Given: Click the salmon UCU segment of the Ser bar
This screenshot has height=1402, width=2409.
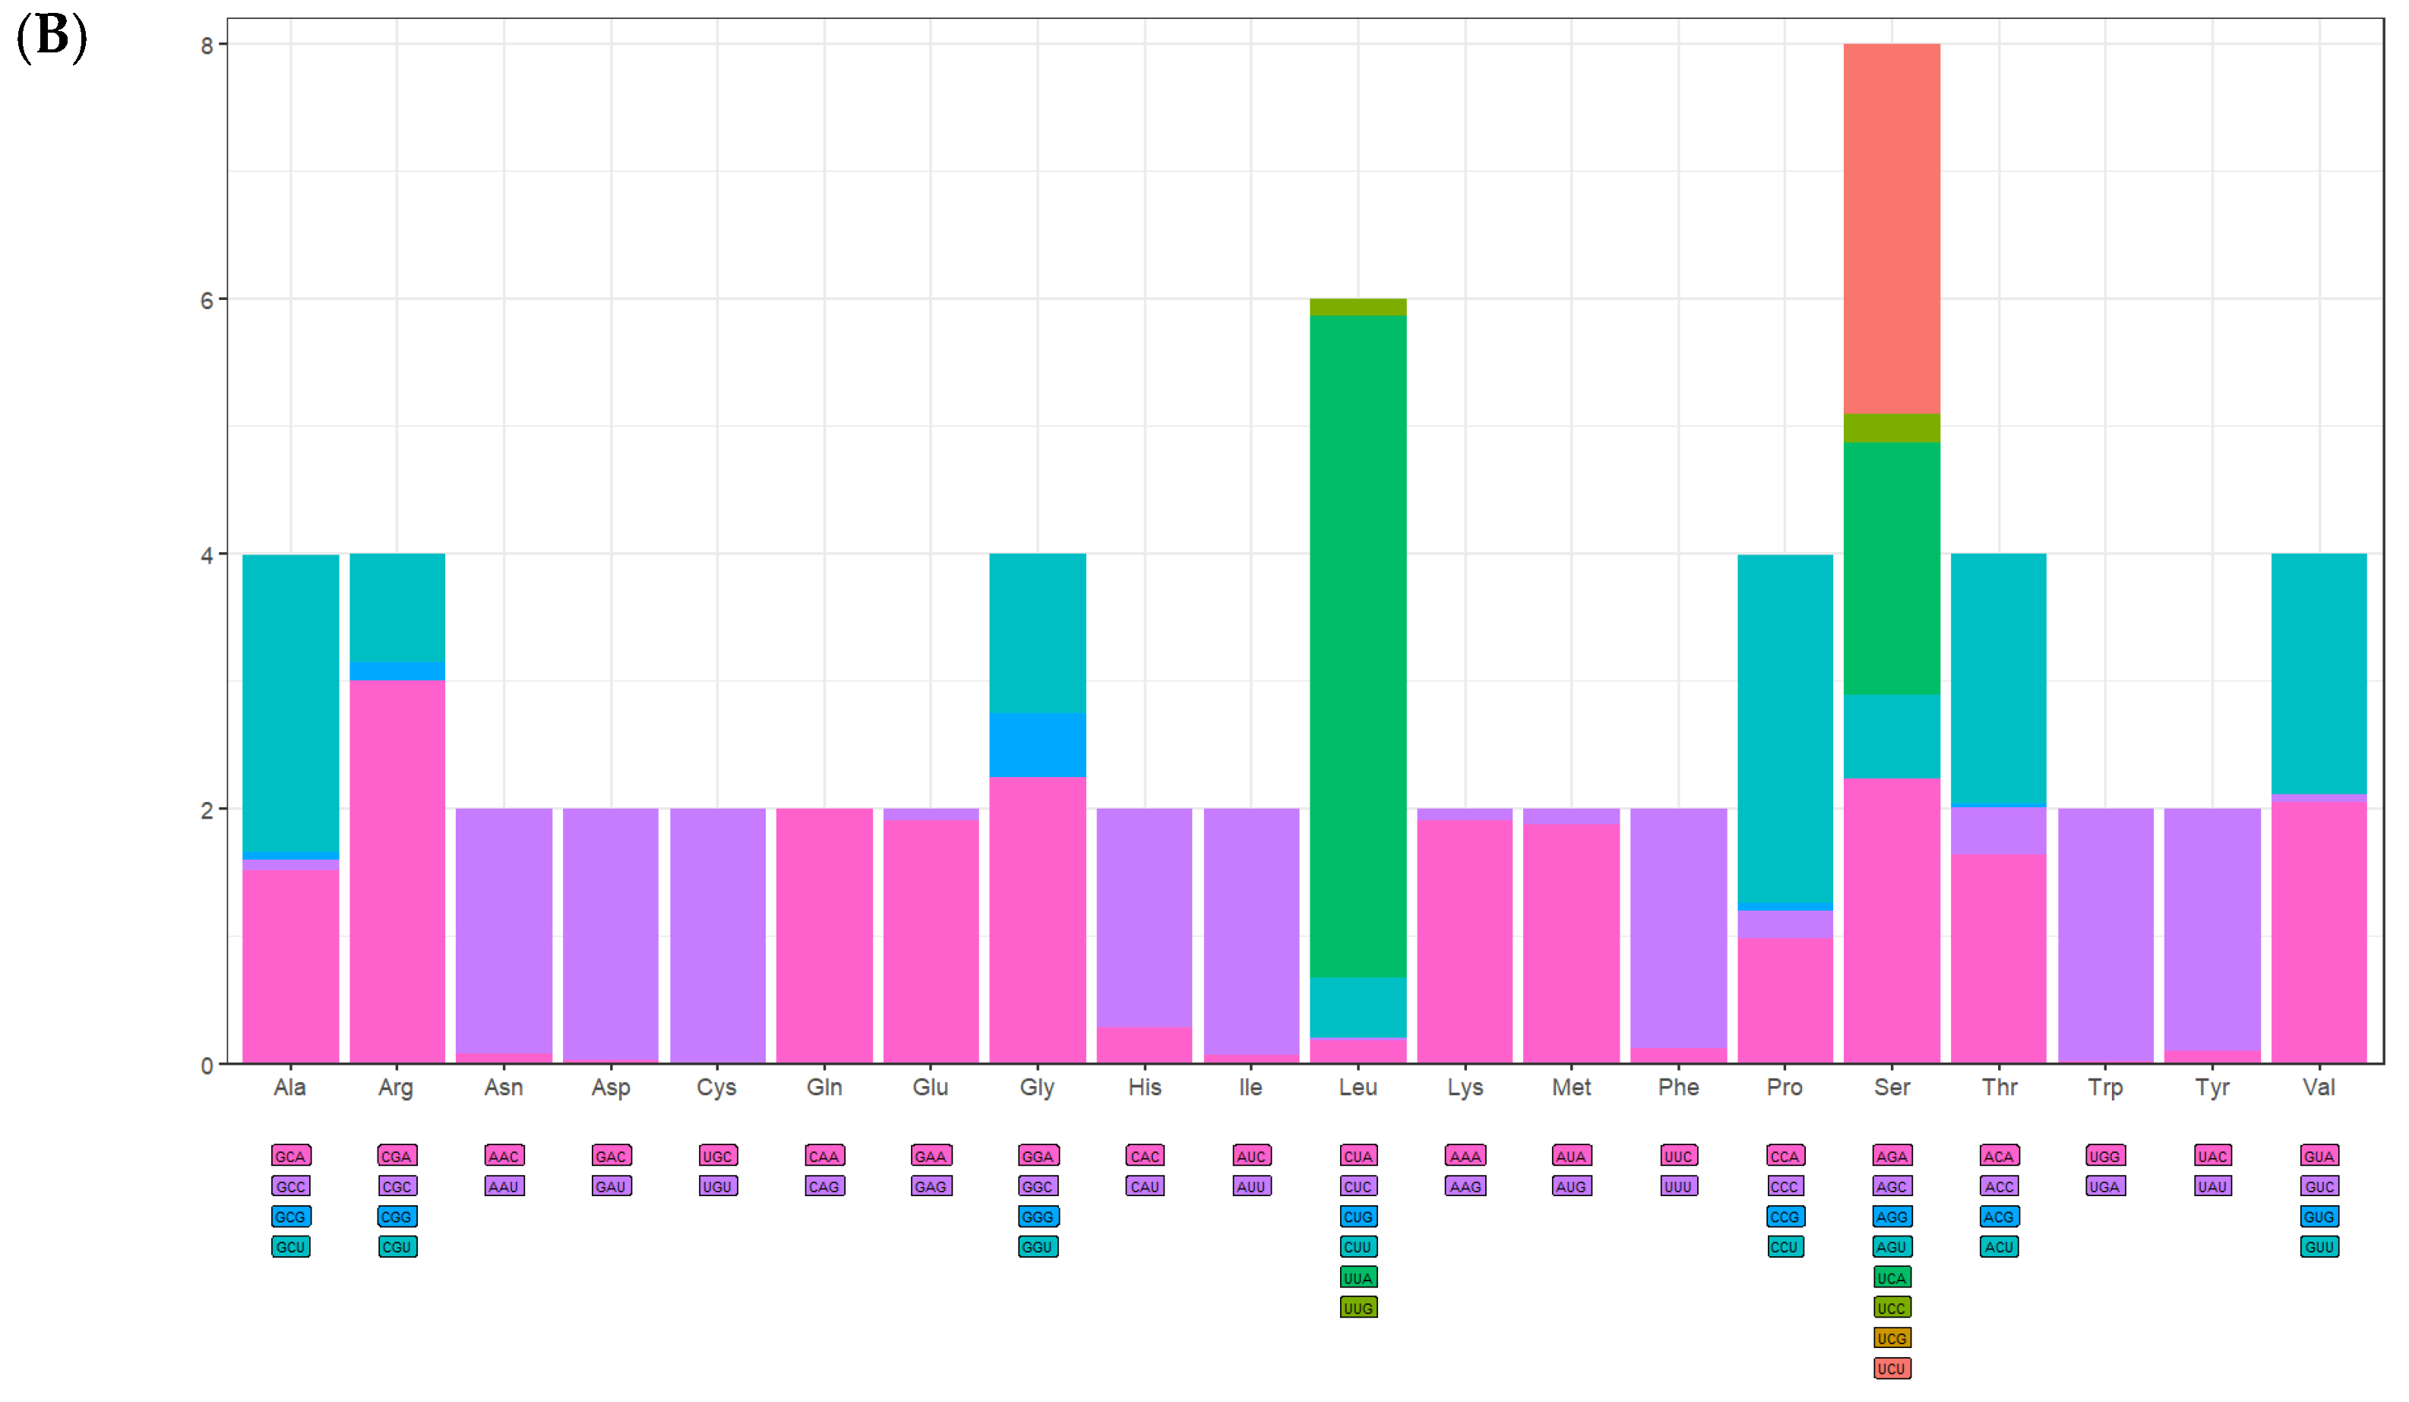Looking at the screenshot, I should pos(1891,229).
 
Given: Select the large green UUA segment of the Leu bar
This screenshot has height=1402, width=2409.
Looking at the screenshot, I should pos(1358,645).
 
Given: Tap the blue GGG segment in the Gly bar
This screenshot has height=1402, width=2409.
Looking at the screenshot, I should pos(1037,744).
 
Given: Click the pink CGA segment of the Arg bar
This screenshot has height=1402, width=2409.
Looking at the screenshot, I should pos(397,870).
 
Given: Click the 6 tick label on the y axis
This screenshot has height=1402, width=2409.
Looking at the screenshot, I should pos(207,300).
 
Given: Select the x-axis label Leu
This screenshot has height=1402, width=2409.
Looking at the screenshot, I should pos(1358,1088).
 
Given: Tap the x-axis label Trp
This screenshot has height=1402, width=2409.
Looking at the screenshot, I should pos(2105,1088).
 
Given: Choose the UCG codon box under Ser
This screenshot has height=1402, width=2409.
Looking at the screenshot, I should pos(1891,1338).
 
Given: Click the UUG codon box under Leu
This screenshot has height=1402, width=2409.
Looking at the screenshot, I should pos(1358,1307).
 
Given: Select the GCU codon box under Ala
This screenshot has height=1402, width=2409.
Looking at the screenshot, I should pos(291,1247).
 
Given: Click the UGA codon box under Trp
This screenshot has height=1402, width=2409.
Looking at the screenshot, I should pos(2105,1186).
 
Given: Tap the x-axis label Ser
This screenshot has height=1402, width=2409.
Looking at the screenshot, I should pos(1891,1088).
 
